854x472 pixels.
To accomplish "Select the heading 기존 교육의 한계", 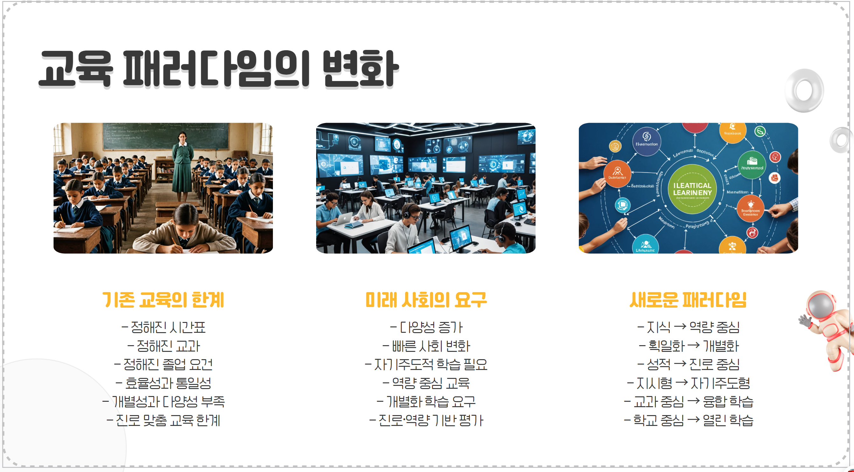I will click(x=163, y=300).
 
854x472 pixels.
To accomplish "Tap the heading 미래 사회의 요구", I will click(x=426, y=300).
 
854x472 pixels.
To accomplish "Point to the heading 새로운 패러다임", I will click(x=688, y=300).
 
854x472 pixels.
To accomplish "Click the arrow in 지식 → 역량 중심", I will click(x=680, y=327).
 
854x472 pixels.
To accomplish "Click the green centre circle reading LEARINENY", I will click(x=692, y=189).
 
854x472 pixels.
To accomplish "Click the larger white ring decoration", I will click(x=804, y=90).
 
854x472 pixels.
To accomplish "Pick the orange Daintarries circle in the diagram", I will click(x=617, y=174).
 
